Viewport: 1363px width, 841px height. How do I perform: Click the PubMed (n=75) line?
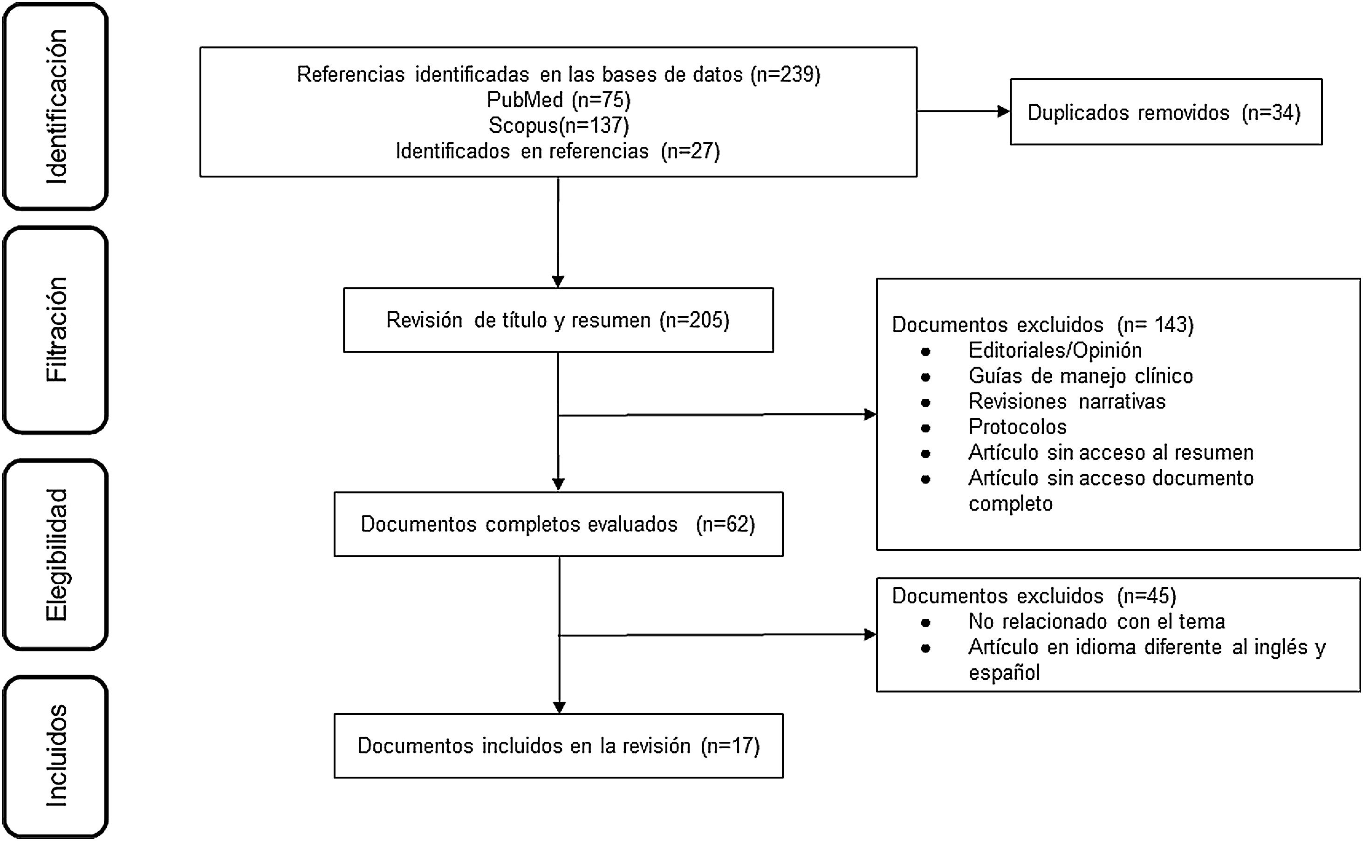(x=558, y=100)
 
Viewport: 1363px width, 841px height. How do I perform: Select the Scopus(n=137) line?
(x=558, y=126)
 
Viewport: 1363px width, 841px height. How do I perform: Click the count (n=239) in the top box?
(x=785, y=75)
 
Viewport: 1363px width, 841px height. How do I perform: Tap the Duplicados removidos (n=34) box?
(x=1165, y=112)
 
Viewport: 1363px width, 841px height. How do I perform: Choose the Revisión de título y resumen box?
(x=558, y=320)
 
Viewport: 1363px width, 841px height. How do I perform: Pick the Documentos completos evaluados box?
(x=558, y=524)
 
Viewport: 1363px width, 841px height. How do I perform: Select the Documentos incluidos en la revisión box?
(x=558, y=745)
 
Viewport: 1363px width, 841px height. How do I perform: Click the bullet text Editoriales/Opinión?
(x=1055, y=350)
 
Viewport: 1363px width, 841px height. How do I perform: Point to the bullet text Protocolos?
(x=1017, y=427)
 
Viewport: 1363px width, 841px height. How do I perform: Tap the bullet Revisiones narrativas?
(x=1067, y=401)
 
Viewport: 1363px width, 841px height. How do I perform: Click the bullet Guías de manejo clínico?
(x=1081, y=376)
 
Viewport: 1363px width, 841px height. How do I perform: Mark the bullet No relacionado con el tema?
(x=1096, y=621)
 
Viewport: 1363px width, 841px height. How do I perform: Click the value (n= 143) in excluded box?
(x=1155, y=325)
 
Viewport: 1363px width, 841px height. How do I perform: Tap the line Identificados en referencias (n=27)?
(x=558, y=151)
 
